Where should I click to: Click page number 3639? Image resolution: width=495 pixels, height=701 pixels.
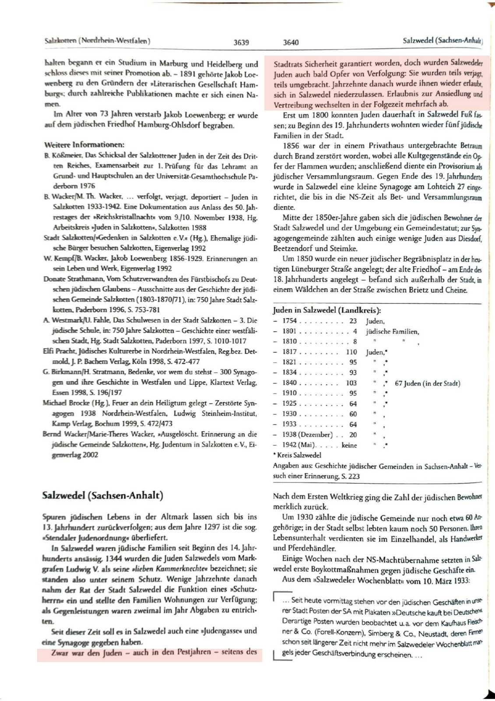[x=241, y=42]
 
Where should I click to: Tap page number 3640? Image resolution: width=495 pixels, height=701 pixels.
[x=291, y=42]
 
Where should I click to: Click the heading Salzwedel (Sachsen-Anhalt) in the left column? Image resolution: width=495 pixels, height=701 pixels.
[x=103, y=496]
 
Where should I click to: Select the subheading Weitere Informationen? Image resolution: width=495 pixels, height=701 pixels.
[x=84, y=145]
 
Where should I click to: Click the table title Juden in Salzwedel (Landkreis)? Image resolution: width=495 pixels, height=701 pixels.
[x=327, y=310]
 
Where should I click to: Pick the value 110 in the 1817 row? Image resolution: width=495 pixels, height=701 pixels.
[x=351, y=352]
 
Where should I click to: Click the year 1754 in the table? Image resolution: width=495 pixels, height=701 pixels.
[x=289, y=321]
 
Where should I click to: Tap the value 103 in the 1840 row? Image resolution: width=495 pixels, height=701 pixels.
[x=351, y=383]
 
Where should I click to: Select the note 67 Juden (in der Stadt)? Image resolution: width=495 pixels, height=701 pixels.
[x=427, y=383]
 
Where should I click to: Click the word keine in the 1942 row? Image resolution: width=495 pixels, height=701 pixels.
[x=349, y=445]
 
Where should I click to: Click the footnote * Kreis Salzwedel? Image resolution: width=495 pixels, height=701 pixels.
[x=297, y=455]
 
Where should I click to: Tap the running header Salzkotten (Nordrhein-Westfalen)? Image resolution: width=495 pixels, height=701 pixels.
[x=98, y=41]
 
